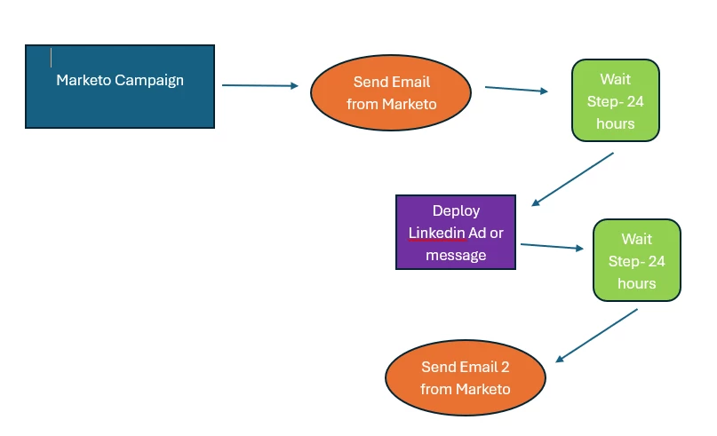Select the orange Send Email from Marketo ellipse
pos(392,93)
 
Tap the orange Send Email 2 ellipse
pos(466,377)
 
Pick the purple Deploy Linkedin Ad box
pos(456,233)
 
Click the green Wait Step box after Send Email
pos(615,101)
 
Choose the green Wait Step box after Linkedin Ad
pos(636,260)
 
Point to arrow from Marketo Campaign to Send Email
pos(260,85)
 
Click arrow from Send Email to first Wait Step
pos(516,89)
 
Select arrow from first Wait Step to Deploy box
pos(573,179)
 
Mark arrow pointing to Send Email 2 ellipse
pos(597,335)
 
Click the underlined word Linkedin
pos(437,233)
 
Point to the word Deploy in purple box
pos(456,210)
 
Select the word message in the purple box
pos(456,255)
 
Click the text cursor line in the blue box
pos(52,58)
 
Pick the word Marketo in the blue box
pos(84,80)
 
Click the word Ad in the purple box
pos(477,233)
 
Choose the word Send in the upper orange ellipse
pos(370,82)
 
